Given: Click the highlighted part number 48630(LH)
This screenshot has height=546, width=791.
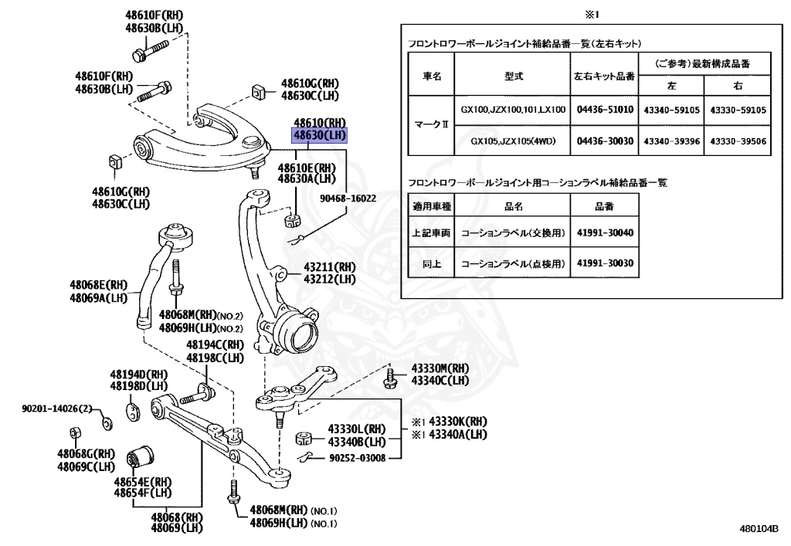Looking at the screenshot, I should (x=319, y=135).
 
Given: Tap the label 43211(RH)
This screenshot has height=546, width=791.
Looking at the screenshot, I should (x=330, y=267).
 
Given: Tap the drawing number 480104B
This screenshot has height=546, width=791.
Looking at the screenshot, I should (x=759, y=529).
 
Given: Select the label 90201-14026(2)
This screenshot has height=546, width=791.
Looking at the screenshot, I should (x=56, y=408).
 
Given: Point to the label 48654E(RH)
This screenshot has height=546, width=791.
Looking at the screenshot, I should (x=143, y=481).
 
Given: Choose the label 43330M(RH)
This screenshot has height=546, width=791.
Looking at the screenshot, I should (x=440, y=369).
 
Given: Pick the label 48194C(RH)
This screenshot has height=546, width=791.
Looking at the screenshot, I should (x=214, y=345).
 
